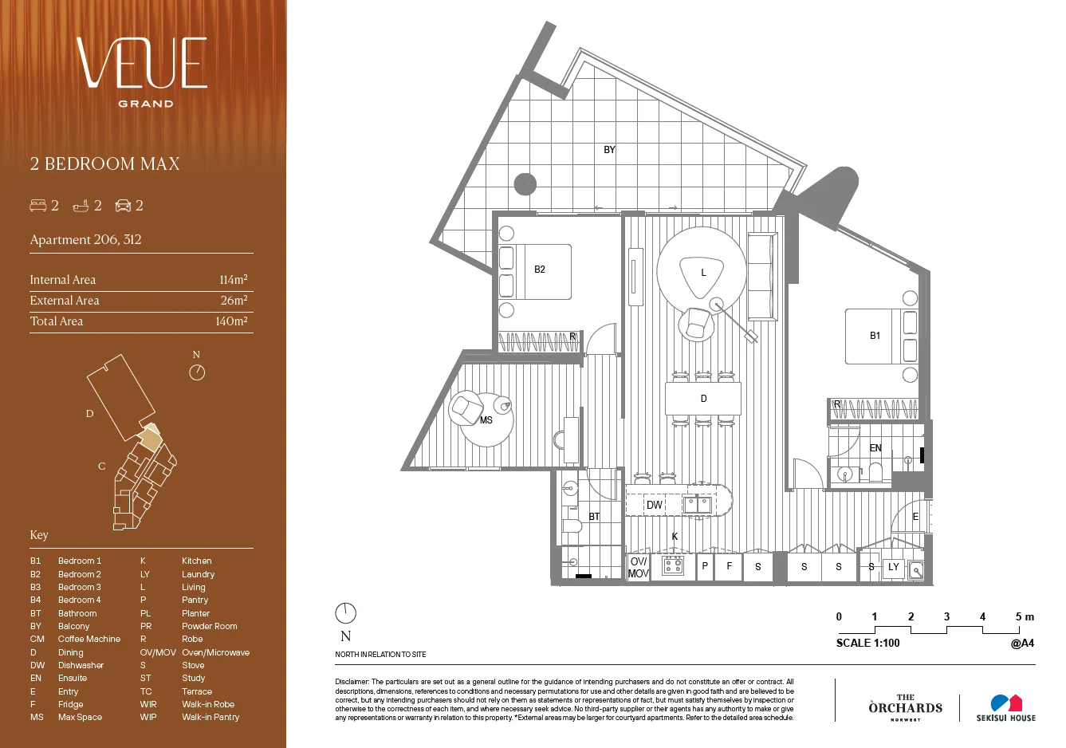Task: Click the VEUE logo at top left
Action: point(143,64)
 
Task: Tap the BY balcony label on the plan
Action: point(609,150)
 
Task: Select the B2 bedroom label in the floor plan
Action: point(540,270)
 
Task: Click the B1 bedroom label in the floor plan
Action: point(875,336)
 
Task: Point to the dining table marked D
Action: point(703,399)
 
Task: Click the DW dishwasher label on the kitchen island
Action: point(654,506)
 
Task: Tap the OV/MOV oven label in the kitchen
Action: point(638,567)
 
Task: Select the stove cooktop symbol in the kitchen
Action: point(674,566)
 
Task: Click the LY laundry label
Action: point(894,567)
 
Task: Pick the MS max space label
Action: point(486,420)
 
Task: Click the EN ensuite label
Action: point(875,448)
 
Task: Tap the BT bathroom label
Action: point(594,517)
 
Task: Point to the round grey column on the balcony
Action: point(525,184)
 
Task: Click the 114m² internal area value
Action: point(233,280)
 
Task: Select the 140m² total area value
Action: point(231,321)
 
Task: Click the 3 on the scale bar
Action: point(946,616)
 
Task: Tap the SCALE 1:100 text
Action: point(867,643)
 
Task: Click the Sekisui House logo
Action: point(1005,707)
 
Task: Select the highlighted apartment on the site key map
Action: point(150,437)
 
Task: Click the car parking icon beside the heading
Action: point(123,206)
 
